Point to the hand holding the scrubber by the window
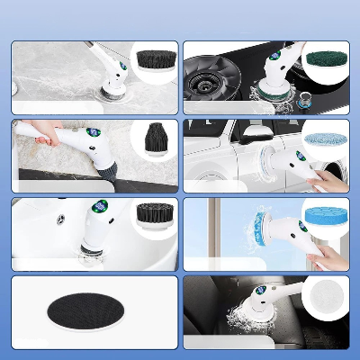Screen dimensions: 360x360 (x=328, y=256)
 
